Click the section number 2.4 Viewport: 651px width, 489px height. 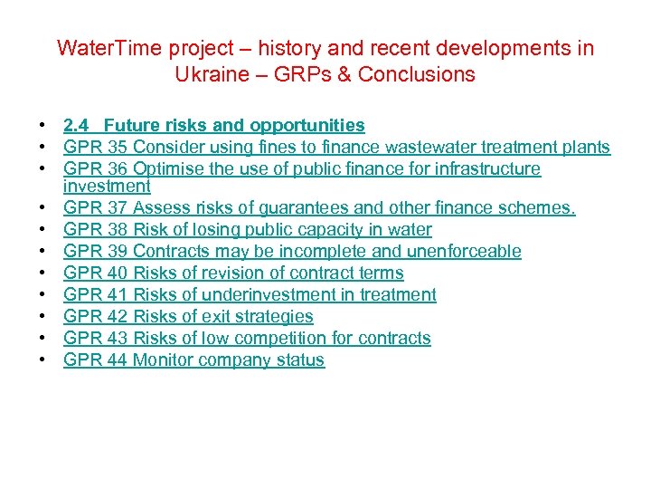(x=77, y=125)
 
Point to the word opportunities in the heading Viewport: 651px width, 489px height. (x=307, y=125)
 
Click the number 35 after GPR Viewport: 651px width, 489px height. (x=117, y=147)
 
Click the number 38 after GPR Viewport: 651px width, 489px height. (x=117, y=229)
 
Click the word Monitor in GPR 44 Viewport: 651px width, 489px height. (x=165, y=360)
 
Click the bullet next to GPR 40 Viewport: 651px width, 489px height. (x=42, y=273)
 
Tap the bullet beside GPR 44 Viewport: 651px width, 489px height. (x=42, y=360)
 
